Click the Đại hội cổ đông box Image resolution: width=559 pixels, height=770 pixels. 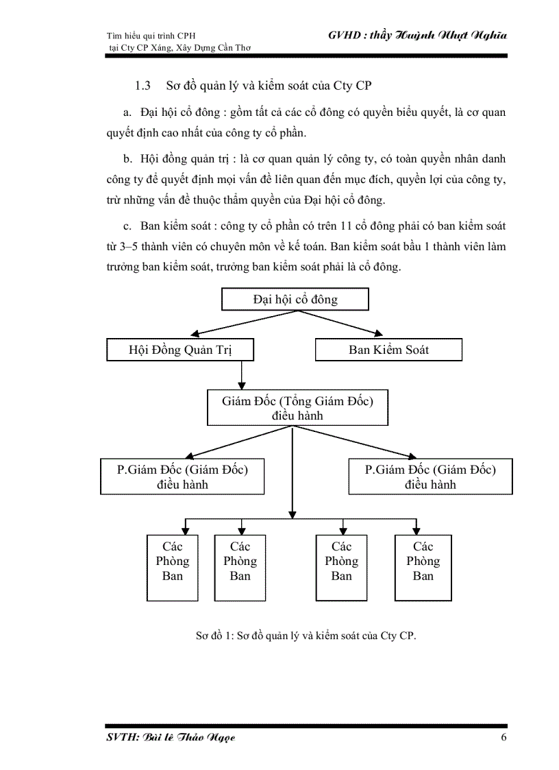coord(295,300)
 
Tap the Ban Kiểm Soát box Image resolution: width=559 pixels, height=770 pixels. coord(388,350)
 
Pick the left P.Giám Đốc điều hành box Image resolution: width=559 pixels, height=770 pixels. coord(182,477)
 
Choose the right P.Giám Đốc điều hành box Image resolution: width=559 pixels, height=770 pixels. coord(430,477)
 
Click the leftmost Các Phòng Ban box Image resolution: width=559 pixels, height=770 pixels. coord(173,568)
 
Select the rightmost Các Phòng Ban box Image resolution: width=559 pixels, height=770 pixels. coord(423,568)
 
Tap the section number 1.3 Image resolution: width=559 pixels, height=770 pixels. coord(142,86)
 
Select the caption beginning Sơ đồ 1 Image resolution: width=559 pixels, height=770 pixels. coord(306,635)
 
